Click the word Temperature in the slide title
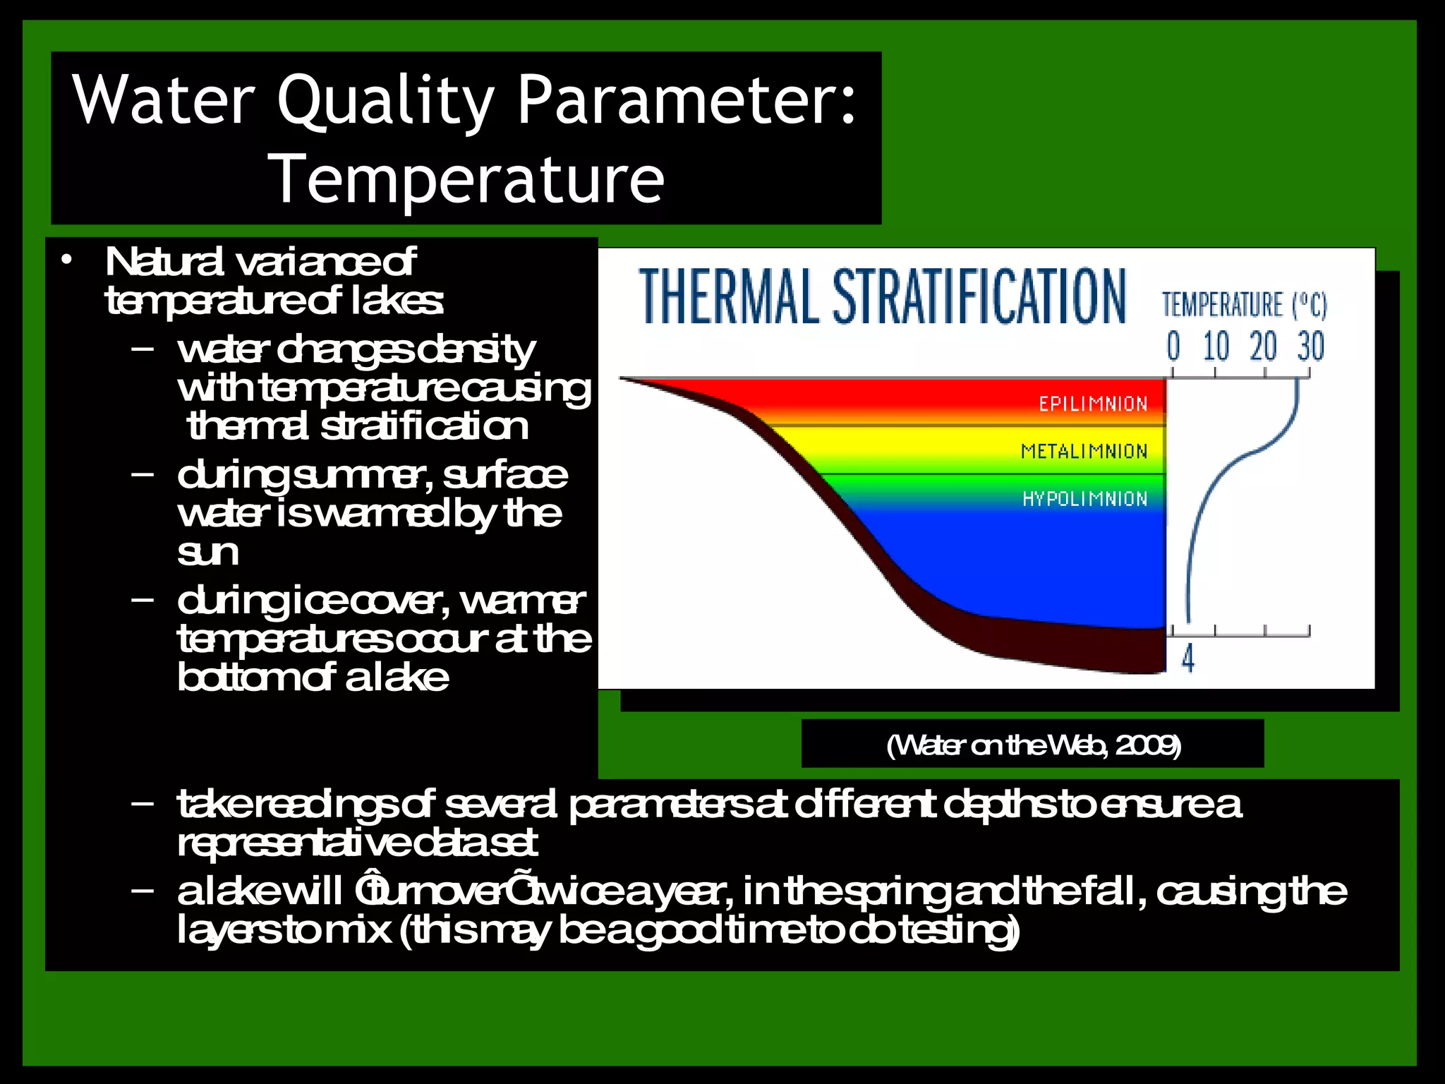click(x=466, y=180)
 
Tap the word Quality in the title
click(x=386, y=100)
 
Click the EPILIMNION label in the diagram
click(x=1093, y=404)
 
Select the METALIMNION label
click(x=1084, y=451)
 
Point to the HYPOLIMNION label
click(x=1084, y=499)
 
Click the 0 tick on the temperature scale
click(x=1173, y=347)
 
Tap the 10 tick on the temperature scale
click(x=1216, y=347)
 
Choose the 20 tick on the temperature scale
click(x=1263, y=347)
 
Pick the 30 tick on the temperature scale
click(x=1310, y=347)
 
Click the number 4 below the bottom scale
click(x=1188, y=658)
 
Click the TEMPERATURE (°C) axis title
click(x=1245, y=305)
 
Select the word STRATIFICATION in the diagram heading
click(x=979, y=296)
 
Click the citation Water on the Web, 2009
click(x=1033, y=745)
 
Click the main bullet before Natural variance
click(x=66, y=260)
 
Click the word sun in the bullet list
click(x=207, y=552)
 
